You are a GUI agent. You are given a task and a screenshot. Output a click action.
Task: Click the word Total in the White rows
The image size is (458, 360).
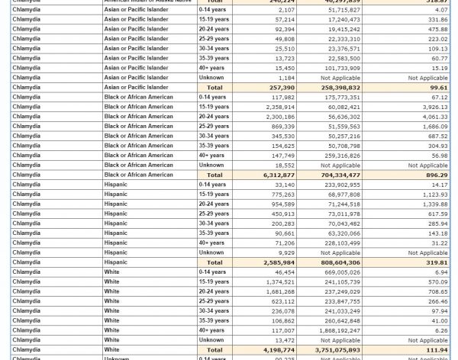[214, 349]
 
